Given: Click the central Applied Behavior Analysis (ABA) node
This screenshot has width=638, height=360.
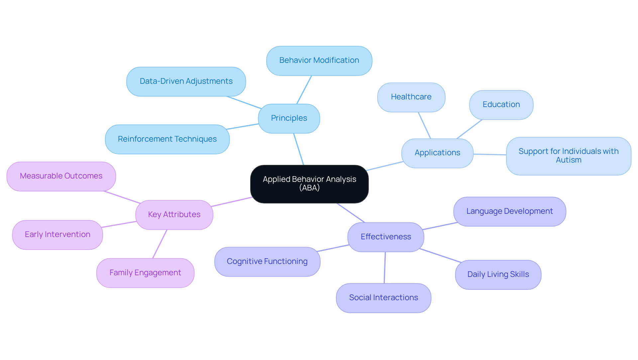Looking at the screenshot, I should tap(309, 184).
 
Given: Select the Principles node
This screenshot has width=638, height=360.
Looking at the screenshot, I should tap(289, 118).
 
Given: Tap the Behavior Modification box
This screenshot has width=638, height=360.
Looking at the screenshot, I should tap(319, 60).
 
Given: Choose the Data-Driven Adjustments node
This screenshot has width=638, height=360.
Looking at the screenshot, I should tap(186, 81).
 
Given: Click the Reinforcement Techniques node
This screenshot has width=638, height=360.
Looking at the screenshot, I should tap(167, 139).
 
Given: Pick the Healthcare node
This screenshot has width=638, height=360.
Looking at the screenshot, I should tap(411, 97).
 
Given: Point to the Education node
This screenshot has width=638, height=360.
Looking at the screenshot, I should tap(501, 105).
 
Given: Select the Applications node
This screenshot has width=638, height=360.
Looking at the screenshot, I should tap(437, 153).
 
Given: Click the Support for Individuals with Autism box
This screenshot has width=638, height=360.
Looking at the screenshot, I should tap(569, 156).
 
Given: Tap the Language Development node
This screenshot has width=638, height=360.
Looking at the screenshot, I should tap(509, 211).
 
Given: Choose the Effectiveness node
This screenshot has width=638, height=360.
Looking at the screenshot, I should tap(386, 237).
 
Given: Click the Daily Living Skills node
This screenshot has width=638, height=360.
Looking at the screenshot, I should tap(498, 275).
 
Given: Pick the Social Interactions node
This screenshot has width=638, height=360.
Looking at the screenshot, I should tap(383, 298).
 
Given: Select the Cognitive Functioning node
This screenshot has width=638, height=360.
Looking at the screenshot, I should tap(267, 262).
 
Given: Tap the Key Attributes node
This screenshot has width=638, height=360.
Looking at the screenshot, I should tap(174, 215).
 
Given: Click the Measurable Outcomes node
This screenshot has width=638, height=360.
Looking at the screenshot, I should tap(61, 176).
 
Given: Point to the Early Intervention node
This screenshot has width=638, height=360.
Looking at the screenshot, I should tap(57, 235).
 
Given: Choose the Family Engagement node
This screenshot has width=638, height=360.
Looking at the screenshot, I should tap(145, 273).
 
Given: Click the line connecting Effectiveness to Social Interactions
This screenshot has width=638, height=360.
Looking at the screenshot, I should tap(385, 268).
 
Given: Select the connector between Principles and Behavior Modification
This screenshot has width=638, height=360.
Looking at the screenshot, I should tap(304, 90).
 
